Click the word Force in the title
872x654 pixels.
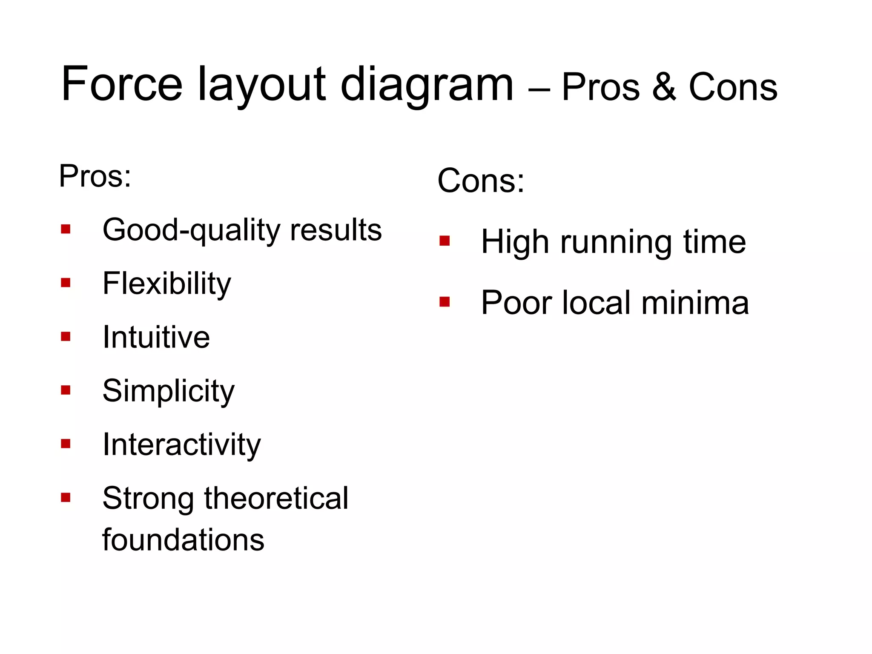click(x=122, y=84)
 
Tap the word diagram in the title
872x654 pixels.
click(x=427, y=85)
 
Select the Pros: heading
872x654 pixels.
click(x=95, y=176)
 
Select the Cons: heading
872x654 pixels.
click(x=481, y=181)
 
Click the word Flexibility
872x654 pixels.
click(x=166, y=284)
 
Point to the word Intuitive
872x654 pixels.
click(x=156, y=337)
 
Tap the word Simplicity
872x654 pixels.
click(x=168, y=391)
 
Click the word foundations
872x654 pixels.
click(x=183, y=540)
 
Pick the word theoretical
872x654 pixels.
click(x=276, y=498)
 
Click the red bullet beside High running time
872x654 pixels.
click(x=445, y=241)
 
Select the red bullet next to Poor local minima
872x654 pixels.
click(x=445, y=302)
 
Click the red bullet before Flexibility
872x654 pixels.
click(x=66, y=283)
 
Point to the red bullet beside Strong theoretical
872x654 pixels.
click(x=66, y=497)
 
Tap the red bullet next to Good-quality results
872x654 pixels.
click(x=66, y=229)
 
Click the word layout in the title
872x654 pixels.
click(x=261, y=85)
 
